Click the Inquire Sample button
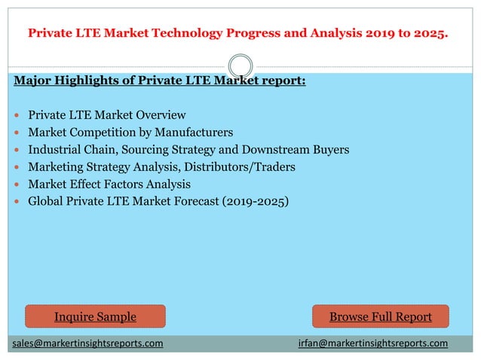[x=95, y=316]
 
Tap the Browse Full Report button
[x=381, y=316]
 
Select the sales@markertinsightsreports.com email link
[x=87, y=343]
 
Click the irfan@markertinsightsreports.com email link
[x=372, y=343]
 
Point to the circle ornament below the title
[x=240, y=65]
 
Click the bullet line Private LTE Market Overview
[x=106, y=115]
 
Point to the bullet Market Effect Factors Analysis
[x=109, y=184]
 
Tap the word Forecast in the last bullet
[x=187, y=201]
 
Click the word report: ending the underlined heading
[x=281, y=81]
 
